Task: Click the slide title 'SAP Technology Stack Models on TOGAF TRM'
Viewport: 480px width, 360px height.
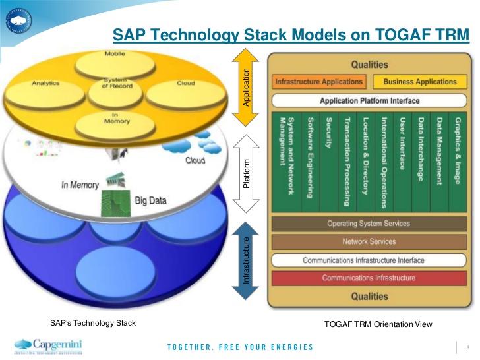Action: pos(290,34)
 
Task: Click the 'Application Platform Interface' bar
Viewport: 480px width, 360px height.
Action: pos(369,101)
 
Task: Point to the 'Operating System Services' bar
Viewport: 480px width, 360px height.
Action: pos(369,224)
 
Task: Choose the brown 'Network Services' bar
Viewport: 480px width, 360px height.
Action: pos(369,241)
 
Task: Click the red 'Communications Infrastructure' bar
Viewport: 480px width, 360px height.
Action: pos(369,278)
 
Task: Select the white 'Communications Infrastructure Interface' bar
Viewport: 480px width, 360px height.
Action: pos(369,260)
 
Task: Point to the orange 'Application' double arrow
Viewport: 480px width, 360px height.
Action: pos(246,87)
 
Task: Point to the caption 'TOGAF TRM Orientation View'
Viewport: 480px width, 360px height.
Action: pos(371,324)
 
